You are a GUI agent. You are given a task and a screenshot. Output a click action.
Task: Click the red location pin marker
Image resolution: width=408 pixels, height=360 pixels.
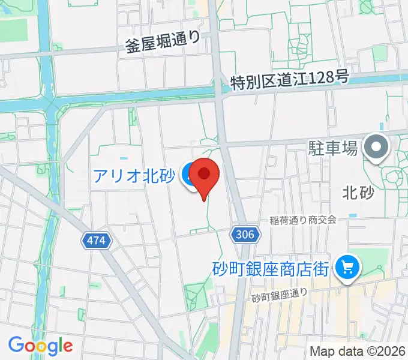pyautogui.click(x=204, y=175)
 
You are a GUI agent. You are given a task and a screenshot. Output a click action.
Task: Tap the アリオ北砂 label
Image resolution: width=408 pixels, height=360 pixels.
pyautogui.click(x=133, y=176)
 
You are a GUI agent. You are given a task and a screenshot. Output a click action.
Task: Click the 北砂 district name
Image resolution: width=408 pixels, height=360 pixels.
pyautogui.click(x=358, y=193)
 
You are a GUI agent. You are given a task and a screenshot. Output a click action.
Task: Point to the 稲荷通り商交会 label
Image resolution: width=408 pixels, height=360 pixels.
pyautogui.click(x=304, y=220)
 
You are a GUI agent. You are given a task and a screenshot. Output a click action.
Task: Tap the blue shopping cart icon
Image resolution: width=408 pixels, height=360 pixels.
pyautogui.click(x=347, y=266)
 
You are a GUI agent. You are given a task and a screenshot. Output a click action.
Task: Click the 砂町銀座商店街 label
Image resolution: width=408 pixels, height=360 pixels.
pyautogui.click(x=271, y=268)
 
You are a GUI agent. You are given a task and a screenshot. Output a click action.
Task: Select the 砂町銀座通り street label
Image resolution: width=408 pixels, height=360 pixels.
pyautogui.click(x=280, y=295)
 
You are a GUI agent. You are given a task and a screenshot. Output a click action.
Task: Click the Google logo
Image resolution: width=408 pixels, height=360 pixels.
pyautogui.click(x=40, y=346)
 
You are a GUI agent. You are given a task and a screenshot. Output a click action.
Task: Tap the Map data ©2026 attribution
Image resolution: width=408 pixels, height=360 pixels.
pyautogui.click(x=358, y=350)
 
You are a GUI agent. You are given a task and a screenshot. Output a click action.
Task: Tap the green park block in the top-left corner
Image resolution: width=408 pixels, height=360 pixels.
pyautogui.click(x=13, y=28)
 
